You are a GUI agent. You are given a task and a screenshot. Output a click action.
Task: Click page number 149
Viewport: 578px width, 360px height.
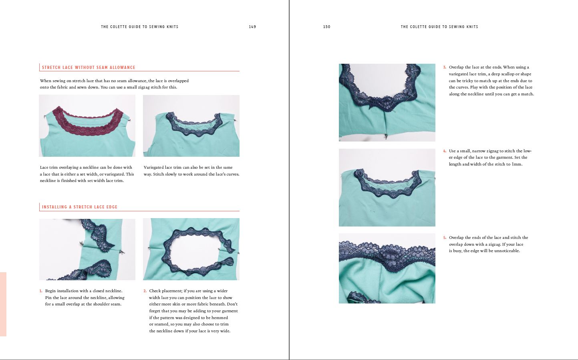pos(252,26)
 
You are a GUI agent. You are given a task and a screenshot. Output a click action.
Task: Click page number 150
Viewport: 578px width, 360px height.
pos(327,26)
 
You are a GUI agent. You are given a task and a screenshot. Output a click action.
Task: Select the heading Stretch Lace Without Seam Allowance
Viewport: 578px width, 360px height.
pos(89,67)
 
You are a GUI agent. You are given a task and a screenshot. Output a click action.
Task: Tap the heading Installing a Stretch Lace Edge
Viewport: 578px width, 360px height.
pos(79,207)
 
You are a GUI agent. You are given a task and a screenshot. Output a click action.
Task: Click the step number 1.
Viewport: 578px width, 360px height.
pos(41,291)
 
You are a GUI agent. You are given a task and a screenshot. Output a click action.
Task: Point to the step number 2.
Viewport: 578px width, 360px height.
pos(145,291)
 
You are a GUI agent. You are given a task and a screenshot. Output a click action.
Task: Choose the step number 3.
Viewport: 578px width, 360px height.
pos(445,67)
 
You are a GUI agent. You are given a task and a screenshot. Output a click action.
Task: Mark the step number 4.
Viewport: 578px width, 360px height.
pos(445,151)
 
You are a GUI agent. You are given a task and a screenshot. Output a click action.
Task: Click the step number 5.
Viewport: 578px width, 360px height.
pos(445,238)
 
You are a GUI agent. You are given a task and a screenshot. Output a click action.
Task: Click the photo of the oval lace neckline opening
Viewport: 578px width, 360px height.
pos(191,249)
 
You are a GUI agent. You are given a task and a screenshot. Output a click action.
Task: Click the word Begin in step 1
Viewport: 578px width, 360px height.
pos(50,291)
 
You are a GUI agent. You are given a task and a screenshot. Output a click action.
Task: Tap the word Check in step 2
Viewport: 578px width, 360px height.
pos(155,291)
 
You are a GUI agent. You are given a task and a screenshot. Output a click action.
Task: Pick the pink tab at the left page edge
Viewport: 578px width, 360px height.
pos(3,304)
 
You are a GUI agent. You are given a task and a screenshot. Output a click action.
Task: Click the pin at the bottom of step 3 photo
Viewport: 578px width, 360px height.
pos(385,136)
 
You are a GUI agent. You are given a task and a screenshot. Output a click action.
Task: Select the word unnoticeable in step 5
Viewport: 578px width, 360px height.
pos(507,251)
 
